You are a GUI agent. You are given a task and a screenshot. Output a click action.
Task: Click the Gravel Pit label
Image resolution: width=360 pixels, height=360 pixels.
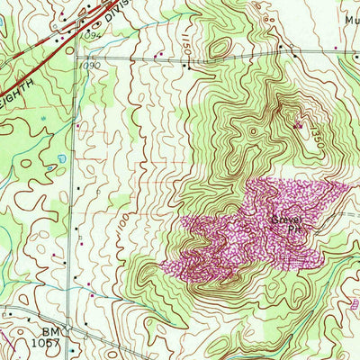click(x=283, y=222)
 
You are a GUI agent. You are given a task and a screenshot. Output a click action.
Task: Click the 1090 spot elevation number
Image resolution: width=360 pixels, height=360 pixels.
click(x=90, y=66)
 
